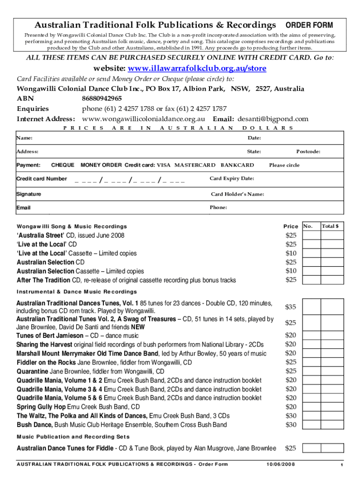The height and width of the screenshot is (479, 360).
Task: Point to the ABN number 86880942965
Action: (x=102, y=98)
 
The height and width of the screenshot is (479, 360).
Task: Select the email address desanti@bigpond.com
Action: (x=273, y=119)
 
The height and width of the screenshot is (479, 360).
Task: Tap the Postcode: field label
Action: (x=308, y=151)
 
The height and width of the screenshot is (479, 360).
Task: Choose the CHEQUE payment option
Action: (x=62, y=165)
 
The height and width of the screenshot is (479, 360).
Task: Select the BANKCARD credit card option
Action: (x=237, y=165)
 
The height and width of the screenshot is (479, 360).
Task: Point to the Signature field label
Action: (x=29, y=194)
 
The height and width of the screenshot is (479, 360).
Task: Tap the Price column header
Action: (x=290, y=226)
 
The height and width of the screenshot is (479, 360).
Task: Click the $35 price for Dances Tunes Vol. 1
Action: (x=290, y=307)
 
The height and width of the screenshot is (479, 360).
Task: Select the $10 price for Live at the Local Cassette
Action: (x=291, y=253)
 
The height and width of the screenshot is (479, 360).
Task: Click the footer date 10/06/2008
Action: (x=281, y=464)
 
